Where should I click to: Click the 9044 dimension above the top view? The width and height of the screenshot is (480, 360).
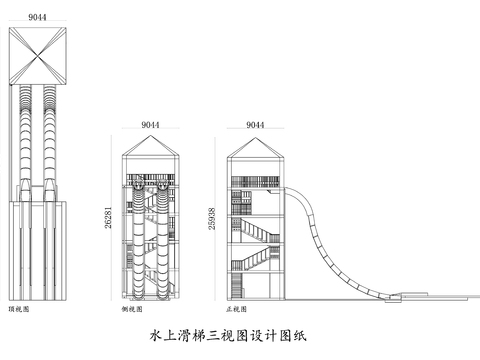click(x=40, y=16)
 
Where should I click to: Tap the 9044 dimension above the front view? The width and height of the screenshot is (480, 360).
click(x=253, y=125)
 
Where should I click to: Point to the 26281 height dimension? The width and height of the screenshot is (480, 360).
click(x=112, y=221)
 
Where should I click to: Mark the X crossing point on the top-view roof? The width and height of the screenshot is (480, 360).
click(x=40, y=54)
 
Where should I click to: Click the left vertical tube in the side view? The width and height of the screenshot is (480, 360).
click(x=138, y=240)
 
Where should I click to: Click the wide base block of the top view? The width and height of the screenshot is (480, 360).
click(x=40, y=250)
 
